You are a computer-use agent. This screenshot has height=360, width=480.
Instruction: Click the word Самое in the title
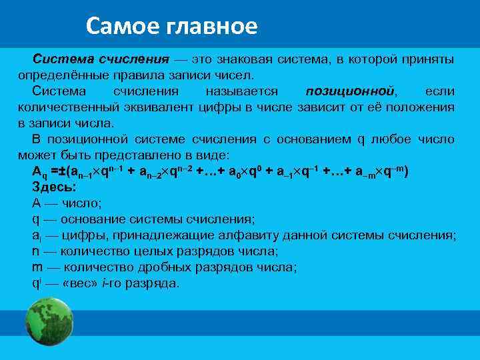pos(118,26)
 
